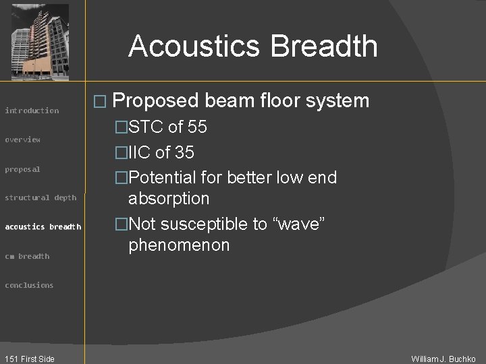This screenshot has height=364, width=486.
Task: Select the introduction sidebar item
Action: click(32, 111)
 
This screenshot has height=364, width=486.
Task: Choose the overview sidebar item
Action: click(23, 140)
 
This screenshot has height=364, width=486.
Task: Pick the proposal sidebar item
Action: click(23, 169)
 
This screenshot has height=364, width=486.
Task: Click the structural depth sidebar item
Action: click(40, 198)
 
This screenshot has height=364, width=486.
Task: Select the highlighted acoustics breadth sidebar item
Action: click(43, 226)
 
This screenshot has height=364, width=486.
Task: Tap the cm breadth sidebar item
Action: click(27, 256)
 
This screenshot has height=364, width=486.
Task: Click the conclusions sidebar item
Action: click(29, 285)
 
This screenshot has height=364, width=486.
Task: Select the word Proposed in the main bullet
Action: click(156, 101)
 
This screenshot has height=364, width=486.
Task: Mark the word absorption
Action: click(169, 199)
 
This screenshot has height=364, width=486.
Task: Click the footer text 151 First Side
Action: click(28, 359)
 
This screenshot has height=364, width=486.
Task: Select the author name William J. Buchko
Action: click(443, 359)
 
